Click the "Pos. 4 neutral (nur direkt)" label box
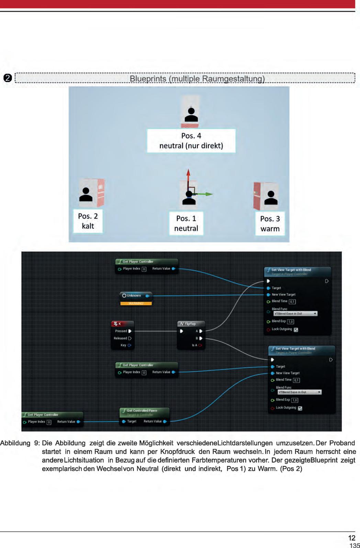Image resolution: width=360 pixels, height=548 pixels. (x=191, y=141)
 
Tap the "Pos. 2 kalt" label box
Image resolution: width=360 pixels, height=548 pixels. (x=88, y=221)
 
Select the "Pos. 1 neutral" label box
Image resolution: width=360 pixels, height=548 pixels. (x=186, y=223)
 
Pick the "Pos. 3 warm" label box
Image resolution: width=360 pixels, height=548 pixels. (x=270, y=224)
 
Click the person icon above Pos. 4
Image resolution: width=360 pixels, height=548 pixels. (x=191, y=115)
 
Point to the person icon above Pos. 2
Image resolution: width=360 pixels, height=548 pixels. (x=86, y=194)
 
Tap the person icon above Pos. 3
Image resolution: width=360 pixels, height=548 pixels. (x=271, y=198)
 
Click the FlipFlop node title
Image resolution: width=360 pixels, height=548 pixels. (x=190, y=324)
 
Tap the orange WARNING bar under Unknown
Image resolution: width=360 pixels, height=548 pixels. (x=136, y=303)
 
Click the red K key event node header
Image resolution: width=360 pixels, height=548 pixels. (x=123, y=324)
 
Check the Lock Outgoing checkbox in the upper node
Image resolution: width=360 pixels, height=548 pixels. (x=296, y=330)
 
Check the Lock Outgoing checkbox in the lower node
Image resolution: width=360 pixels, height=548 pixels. (x=300, y=409)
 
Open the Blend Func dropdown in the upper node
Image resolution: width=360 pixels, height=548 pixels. (x=295, y=314)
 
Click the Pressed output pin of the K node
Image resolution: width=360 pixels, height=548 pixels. (x=130, y=331)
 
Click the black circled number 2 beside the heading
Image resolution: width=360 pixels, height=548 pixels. (x=8, y=78)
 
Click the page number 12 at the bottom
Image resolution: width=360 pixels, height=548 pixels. (x=352, y=538)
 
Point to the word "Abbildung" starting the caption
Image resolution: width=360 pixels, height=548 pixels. (x=15, y=443)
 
